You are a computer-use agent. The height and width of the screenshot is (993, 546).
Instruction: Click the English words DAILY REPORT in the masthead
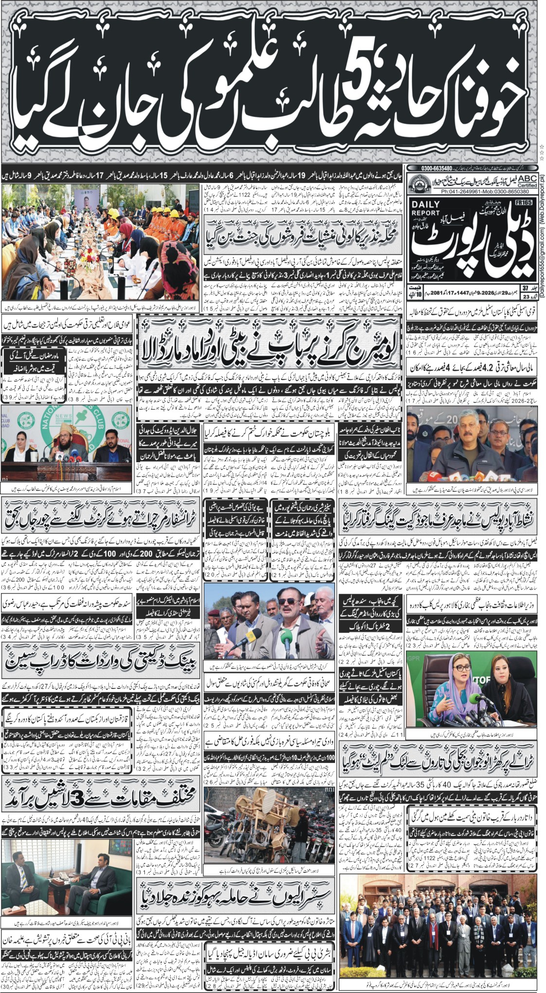(425, 209)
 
